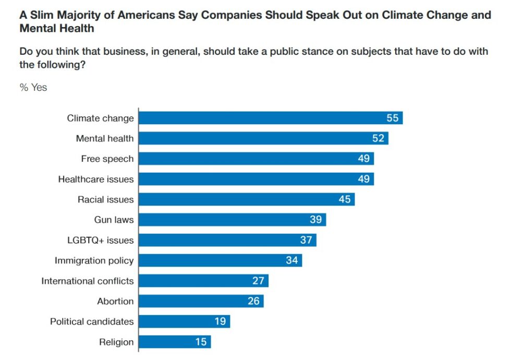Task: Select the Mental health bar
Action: [x=263, y=138]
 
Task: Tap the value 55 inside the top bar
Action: [x=392, y=118]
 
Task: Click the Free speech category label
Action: [x=107, y=159]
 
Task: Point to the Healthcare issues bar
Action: [x=256, y=179]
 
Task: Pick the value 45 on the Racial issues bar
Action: [x=344, y=199]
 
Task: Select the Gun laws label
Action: [x=114, y=220]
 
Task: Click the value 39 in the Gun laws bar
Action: [x=315, y=220]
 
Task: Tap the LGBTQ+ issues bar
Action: [x=227, y=240]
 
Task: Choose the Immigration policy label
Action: [x=94, y=260]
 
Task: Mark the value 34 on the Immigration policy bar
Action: [x=291, y=260]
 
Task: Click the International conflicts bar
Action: [x=203, y=281]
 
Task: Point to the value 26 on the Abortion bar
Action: [x=253, y=301]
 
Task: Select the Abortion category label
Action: [x=115, y=301]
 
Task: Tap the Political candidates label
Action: [x=92, y=321]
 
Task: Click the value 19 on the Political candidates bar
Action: [x=220, y=321]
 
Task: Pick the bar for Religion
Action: [x=175, y=342]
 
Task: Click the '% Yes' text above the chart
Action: [x=33, y=88]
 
